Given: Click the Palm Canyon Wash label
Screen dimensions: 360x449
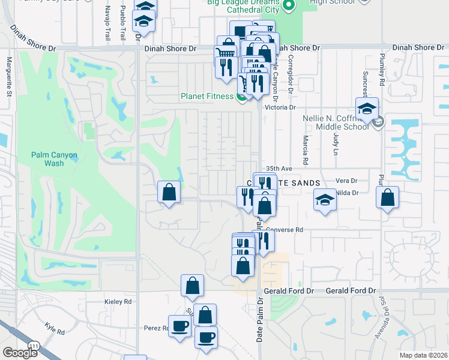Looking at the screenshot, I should click(x=55, y=159).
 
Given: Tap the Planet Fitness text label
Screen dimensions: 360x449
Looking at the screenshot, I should click(x=207, y=96).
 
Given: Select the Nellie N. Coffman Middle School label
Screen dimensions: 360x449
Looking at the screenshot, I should click(x=340, y=122).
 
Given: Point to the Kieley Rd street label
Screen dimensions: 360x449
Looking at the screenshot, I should click(x=117, y=301).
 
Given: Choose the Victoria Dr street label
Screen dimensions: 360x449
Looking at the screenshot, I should click(x=285, y=107).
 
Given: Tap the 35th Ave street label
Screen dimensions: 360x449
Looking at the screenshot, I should click(x=278, y=169).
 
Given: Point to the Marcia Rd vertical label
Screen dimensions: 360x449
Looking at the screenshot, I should click(x=306, y=151).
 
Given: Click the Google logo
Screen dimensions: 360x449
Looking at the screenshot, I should click(x=20, y=353).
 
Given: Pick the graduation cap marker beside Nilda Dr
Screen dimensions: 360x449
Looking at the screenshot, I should click(x=325, y=200).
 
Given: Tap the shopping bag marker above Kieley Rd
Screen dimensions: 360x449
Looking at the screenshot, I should click(x=192, y=286).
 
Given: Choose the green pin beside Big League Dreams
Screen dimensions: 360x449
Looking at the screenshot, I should click(x=288, y=6).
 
